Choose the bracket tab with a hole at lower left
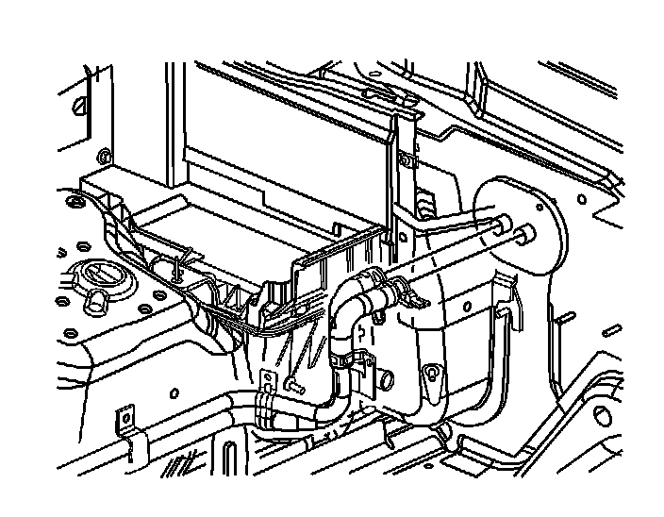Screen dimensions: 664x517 (123, 418)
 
